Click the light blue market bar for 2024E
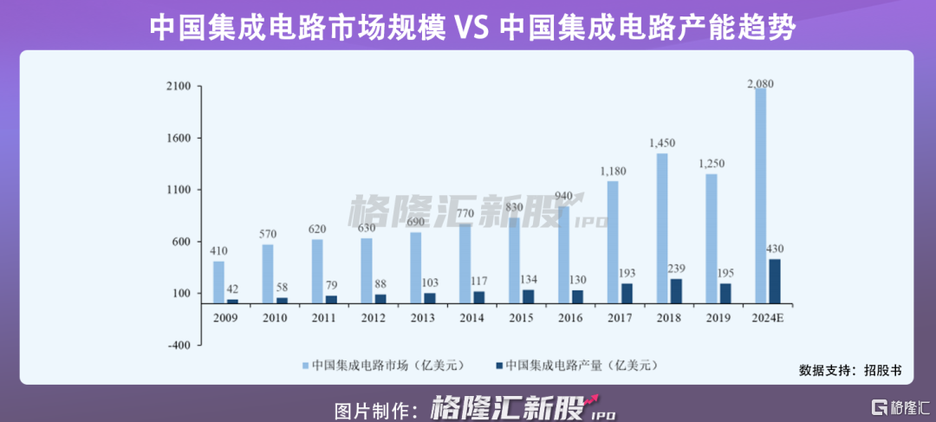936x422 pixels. [x=760, y=195]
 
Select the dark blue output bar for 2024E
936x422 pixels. [x=774, y=281]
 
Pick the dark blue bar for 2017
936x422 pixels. [x=627, y=293]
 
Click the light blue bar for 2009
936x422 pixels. [x=218, y=282]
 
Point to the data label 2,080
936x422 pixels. [x=760, y=83]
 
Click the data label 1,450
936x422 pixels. [x=661, y=143]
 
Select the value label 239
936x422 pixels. [x=677, y=268]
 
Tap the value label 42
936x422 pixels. [x=232, y=289]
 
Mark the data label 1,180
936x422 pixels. [x=613, y=172]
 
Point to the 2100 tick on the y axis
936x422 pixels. [x=179, y=87]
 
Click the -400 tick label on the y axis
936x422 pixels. [x=179, y=345]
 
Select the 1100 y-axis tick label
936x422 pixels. [x=179, y=190]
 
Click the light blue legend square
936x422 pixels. [x=305, y=364]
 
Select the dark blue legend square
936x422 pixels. [x=498, y=364]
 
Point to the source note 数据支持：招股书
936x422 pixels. [x=850, y=370]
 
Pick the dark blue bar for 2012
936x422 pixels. [x=380, y=298]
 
